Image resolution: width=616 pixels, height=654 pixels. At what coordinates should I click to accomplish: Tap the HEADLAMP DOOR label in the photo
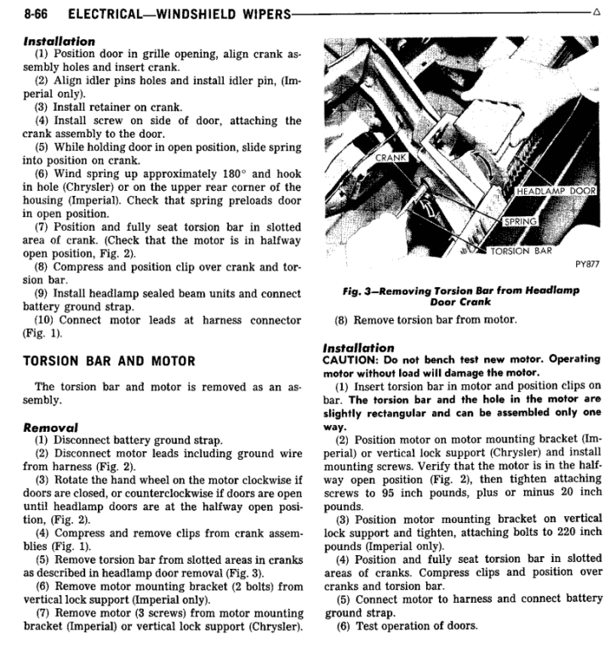[x=556, y=191]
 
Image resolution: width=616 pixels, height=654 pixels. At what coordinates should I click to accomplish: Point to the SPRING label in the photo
[x=520, y=221]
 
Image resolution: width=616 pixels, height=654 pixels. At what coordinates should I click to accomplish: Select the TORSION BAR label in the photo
[x=521, y=251]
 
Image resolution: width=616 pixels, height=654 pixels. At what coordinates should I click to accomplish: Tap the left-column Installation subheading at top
[x=60, y=40]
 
